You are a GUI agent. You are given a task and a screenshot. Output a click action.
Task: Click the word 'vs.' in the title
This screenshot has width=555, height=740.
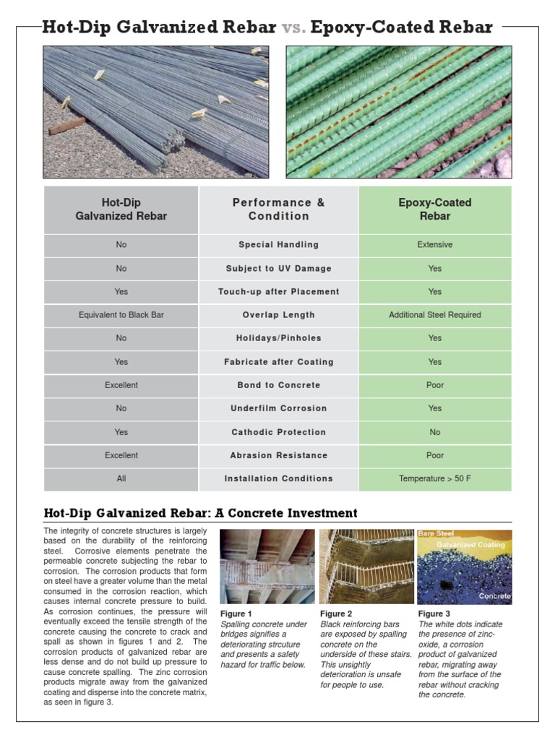(x=293, y=27)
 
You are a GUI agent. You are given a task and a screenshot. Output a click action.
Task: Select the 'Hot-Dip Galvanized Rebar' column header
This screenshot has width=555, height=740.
(x=121, y=210)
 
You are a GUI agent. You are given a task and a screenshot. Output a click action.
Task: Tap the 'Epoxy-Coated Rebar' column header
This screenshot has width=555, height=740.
(x=434, y=210)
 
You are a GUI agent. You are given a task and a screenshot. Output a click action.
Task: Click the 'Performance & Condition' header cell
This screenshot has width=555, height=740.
(x=278, y=210)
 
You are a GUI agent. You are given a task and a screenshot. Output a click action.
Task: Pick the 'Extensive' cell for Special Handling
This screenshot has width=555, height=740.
(x=434, y=245)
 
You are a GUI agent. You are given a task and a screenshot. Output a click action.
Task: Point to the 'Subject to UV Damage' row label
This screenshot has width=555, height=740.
(x=278, y=269)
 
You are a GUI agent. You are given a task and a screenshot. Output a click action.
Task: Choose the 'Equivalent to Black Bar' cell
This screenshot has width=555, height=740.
(x=121, y=315)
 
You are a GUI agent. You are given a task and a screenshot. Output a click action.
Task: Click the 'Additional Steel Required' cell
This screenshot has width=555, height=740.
(x=434, y=315)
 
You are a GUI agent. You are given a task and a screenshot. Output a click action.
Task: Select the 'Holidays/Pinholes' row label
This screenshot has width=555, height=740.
(x=278, y=338)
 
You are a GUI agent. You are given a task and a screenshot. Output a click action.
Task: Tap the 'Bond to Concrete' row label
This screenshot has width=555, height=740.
(x=278, y=385)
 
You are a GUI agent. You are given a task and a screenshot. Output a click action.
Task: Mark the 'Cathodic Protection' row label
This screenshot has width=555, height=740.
(x=278, y=432)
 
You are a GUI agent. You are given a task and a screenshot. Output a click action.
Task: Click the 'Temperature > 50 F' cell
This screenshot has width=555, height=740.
(x=434, y=478)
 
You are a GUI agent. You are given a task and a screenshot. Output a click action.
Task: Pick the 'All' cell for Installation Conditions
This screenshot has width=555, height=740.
(x=121, y=478)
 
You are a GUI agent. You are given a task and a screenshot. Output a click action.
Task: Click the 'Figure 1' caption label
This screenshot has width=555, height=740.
(x=236, y=614)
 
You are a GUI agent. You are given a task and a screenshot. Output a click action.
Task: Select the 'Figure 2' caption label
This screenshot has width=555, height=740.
(x=335, y=614)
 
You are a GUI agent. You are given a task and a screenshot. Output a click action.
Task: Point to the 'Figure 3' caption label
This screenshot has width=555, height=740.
(x=434, y=614)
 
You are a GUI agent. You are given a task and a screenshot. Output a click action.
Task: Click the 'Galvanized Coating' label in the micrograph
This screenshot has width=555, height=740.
(x=470, y=544)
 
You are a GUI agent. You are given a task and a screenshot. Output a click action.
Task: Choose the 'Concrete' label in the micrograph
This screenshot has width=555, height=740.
(x=494, y=596)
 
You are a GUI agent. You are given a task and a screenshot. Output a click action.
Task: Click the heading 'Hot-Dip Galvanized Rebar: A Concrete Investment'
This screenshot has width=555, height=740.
(x=200, y=513)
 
